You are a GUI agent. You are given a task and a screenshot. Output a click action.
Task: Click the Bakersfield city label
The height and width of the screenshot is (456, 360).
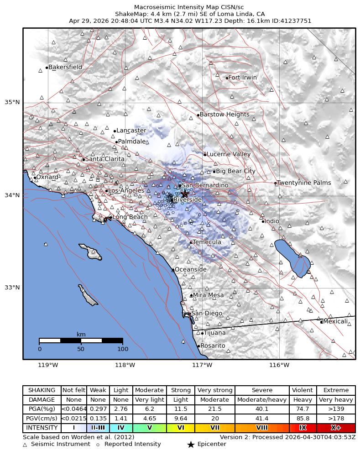(65, 67)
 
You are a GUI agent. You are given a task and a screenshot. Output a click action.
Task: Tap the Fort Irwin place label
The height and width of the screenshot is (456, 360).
(242, 78)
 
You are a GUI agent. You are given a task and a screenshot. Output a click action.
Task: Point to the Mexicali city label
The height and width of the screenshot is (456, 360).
(335, 321)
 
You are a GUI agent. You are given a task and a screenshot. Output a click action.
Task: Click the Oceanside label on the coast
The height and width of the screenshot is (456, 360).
(190, 269)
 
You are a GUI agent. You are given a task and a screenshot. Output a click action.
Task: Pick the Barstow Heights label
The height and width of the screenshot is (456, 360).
(224, 115)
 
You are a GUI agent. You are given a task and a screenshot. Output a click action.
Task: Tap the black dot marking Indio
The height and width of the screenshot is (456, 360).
(263, 221)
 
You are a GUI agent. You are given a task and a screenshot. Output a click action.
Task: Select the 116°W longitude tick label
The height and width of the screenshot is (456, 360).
(279, 365)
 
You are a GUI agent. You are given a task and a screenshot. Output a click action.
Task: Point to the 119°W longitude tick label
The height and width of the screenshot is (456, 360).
(48, 365)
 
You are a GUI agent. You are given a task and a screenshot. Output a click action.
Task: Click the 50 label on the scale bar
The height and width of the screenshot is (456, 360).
(81, 349)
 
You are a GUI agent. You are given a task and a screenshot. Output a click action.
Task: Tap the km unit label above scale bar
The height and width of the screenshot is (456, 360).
(81, 334)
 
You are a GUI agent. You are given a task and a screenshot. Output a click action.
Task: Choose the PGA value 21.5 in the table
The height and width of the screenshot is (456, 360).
(214, 409)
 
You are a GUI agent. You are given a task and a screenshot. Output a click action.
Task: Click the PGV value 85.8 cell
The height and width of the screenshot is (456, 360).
(303, 419)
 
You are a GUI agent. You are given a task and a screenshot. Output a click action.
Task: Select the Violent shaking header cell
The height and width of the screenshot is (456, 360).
(303, 390)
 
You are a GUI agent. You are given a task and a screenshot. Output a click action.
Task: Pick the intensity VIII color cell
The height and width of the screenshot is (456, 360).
(262, 428)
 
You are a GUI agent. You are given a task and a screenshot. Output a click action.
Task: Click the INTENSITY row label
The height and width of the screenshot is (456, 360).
(42, 428)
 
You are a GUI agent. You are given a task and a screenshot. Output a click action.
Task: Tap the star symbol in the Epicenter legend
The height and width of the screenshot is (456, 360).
(191, 445)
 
